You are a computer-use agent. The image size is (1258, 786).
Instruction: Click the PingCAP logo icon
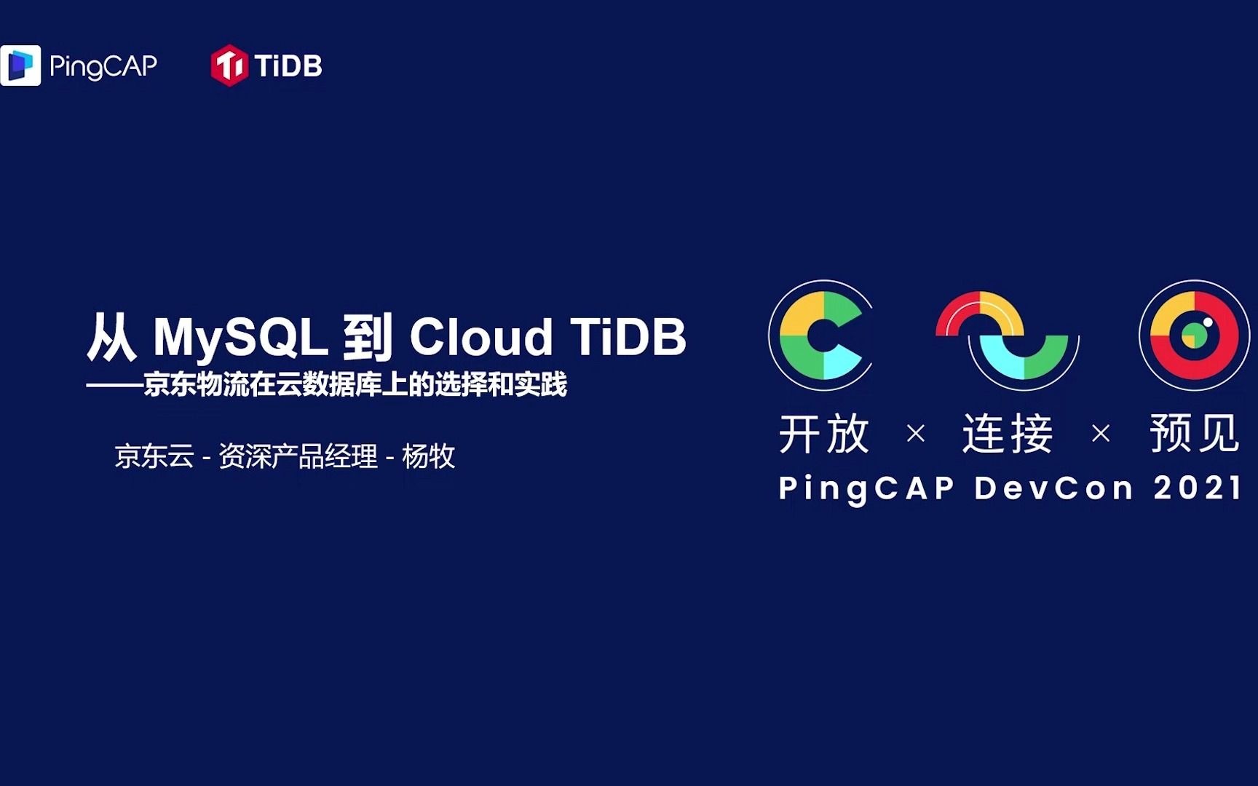(20, 65)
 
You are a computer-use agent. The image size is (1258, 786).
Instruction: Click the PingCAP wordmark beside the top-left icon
(103, 66)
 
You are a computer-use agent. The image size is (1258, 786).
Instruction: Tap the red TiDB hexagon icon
(229, 65)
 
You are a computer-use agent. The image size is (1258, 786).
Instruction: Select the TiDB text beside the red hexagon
(288, 66)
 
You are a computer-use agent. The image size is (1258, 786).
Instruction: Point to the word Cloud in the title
(481, 338)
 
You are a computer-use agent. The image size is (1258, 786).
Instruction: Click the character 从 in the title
(111, 338)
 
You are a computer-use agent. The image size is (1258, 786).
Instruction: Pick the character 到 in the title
(368, 338)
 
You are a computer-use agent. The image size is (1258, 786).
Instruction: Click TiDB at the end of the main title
(628, 338)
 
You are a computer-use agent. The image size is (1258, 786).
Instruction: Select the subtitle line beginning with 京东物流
(355, 385)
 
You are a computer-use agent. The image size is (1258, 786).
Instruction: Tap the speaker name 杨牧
(428, 457)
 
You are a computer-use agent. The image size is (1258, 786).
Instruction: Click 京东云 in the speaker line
(154, 457)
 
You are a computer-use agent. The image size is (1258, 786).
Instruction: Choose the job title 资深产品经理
(298, 457)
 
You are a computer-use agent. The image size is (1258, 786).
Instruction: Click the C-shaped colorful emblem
(821, 336)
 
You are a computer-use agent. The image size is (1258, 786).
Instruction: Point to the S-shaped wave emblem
(1007, 336)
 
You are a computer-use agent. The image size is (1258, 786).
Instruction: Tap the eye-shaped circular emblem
(1194, 336)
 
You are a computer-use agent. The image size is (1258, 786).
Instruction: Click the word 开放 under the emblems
(824, 434)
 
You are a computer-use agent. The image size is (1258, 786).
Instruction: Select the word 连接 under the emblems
(1008, 434)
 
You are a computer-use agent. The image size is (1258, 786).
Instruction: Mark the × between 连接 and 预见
(1101, 434)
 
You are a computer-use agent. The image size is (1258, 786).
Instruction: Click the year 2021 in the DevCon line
(1198, 488)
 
